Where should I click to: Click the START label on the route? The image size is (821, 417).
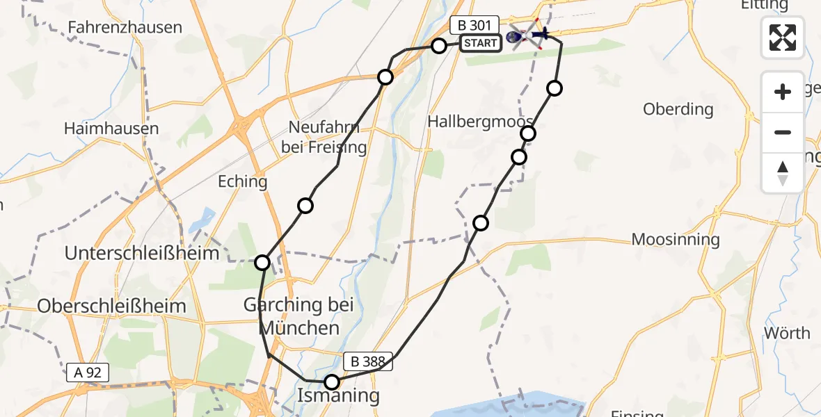(x=480, y=43)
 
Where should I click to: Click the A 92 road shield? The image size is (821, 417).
(x=88, y=373)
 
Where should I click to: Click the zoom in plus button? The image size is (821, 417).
(x=783, y=92)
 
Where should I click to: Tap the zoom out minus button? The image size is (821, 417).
(x=783, y=132)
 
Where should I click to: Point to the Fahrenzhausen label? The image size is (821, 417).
(x=125, y=28)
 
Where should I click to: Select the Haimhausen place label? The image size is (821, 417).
(x=111, y=129)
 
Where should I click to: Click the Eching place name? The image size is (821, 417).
(x=243, y=182)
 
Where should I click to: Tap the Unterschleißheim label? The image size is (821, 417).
(x=143, y=254)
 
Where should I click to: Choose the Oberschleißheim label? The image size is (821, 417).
(x=112, y=306)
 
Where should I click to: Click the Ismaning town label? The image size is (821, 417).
(x=339, y=396)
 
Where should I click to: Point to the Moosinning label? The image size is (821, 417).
(x=676, y=240)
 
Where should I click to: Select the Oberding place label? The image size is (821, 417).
(x=678, y=109)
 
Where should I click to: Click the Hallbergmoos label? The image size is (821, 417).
(x=480, y=120)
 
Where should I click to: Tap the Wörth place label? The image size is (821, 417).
(x=787, y=333)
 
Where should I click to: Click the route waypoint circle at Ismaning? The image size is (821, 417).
(x=332, y=382)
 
